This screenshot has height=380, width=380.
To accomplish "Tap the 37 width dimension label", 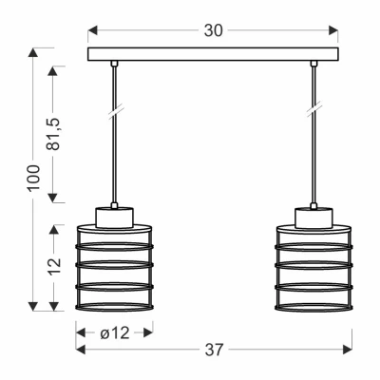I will point(215,350).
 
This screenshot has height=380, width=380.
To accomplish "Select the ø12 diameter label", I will point(113,332).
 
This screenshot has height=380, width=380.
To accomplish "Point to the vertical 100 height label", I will point(34,178).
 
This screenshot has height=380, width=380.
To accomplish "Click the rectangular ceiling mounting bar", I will point(213,54).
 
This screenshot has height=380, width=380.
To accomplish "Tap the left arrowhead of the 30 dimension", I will point(93,30).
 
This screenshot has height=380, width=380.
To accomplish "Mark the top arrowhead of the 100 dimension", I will point(34,53).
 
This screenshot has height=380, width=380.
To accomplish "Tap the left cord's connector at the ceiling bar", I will point(113,65).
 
